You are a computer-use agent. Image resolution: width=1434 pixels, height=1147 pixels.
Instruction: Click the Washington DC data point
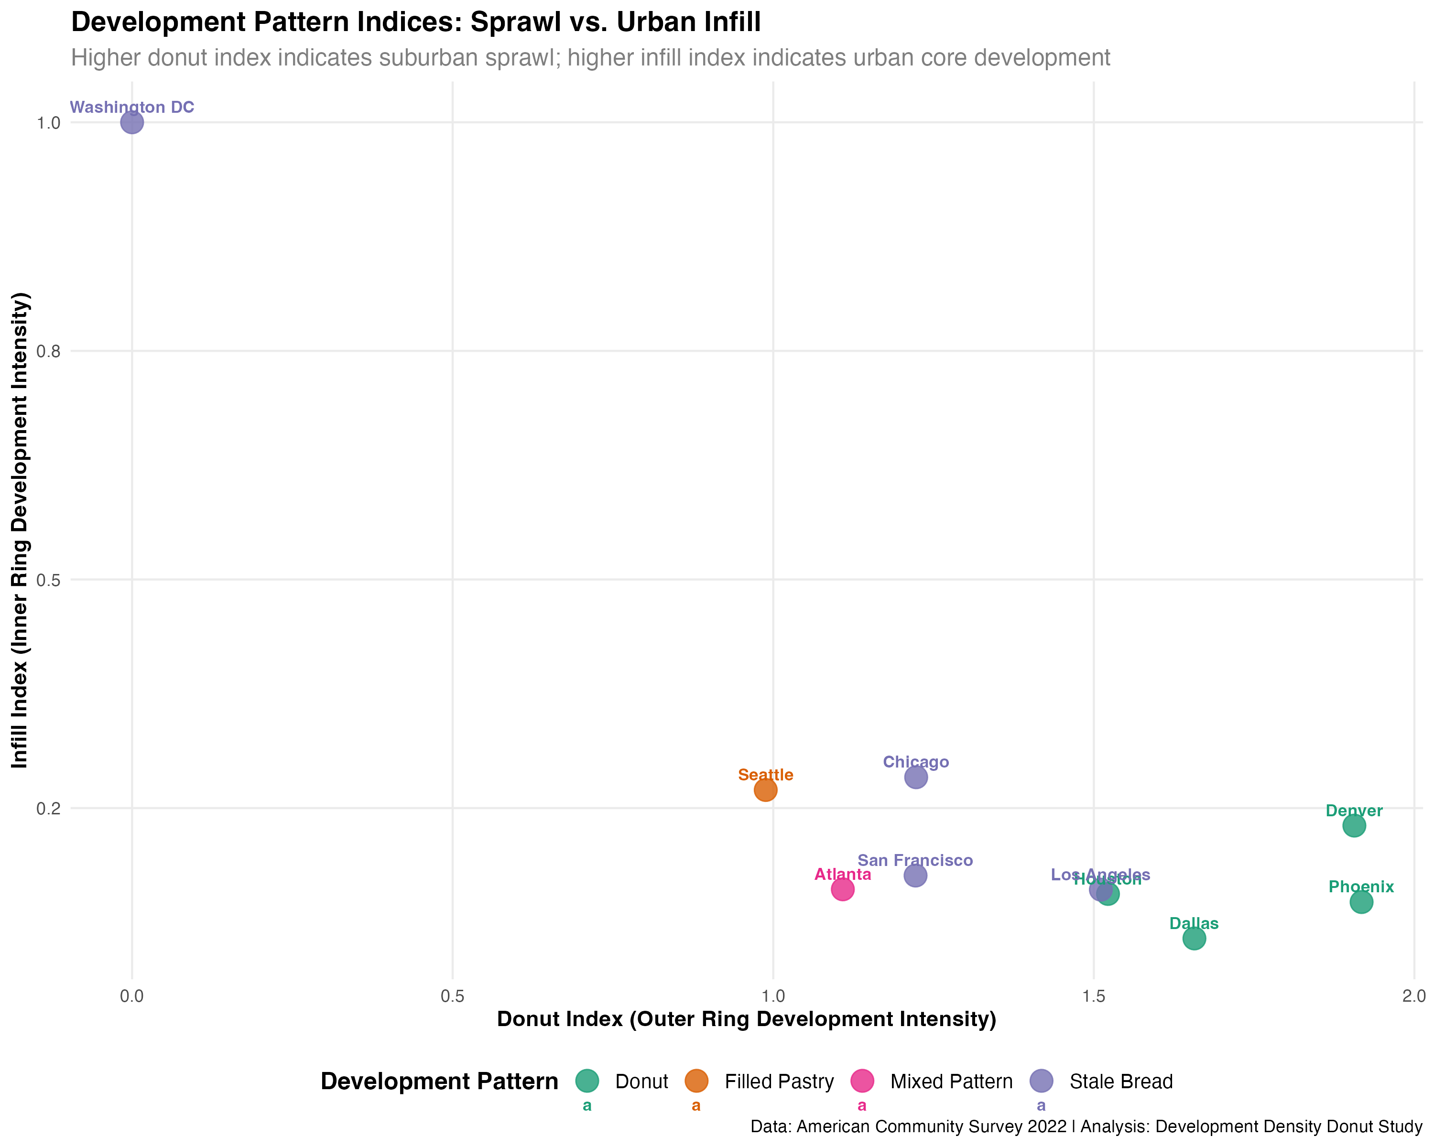[132, 122]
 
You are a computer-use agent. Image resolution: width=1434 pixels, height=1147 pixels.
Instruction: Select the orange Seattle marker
[766, 790]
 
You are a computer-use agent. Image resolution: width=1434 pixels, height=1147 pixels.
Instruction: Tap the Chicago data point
[916, 777]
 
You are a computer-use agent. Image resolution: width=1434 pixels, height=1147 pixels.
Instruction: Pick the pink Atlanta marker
[843, 889]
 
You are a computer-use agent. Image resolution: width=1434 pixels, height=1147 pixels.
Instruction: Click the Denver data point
[1354, 826]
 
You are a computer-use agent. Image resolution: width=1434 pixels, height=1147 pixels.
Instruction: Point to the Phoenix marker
[1361, 902]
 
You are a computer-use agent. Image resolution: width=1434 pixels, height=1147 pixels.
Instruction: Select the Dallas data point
[1195, 938]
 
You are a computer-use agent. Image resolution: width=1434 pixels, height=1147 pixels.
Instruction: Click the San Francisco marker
[916, 875]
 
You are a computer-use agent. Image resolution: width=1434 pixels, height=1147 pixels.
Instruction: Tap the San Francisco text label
[915, 860]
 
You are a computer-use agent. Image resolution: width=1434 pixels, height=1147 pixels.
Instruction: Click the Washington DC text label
[132, 107]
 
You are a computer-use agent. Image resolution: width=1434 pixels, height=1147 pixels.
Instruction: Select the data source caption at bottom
[1086, 1126]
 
